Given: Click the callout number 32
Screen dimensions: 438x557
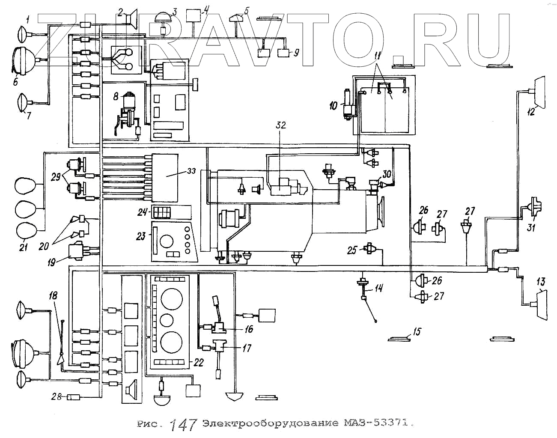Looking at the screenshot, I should [x=280, y=125].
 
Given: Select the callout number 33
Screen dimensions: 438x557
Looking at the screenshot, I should [x=191, y=171].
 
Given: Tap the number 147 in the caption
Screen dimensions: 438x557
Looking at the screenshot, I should [x=183, y=424].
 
